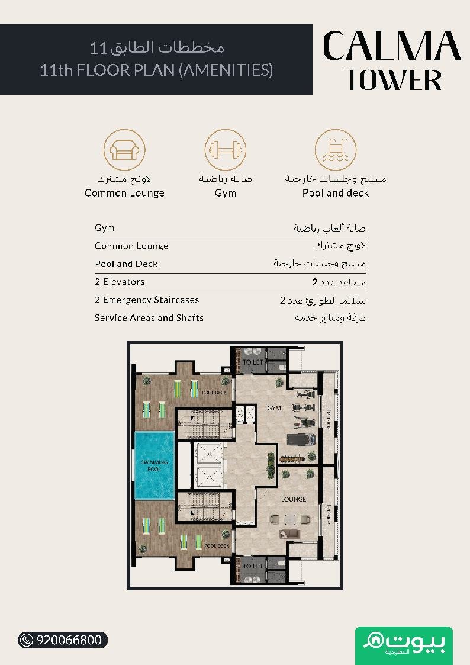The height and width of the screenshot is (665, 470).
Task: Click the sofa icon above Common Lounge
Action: click(124, 150)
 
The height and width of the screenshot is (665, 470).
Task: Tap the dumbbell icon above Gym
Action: click(225, 150)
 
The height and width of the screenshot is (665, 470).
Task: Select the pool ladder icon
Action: click(335, 150)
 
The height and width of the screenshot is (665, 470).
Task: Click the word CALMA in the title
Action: click(392, 46)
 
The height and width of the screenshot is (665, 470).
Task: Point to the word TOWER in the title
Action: click(393, 80)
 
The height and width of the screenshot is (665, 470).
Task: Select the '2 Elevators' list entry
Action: click(120, 282)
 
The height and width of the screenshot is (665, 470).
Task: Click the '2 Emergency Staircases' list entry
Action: click(147, 300)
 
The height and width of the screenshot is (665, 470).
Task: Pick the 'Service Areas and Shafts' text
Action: click(149, 317)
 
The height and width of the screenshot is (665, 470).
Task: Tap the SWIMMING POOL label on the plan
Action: click(154, 465)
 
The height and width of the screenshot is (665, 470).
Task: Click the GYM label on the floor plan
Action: click(274, 408)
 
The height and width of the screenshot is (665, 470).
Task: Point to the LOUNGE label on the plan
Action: click(293, 499)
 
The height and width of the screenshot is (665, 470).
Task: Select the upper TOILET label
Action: click(253, 362)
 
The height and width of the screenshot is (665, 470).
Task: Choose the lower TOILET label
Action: click(253, 566)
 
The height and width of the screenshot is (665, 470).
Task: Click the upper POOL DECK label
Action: click(214, 393)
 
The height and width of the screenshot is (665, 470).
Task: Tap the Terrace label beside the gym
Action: click(329, 419)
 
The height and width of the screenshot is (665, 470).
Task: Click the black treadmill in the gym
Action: click(301, 439)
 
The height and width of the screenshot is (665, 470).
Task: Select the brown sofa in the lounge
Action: click(289, 534)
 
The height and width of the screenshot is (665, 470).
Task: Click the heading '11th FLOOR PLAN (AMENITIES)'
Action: click(156, 70)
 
